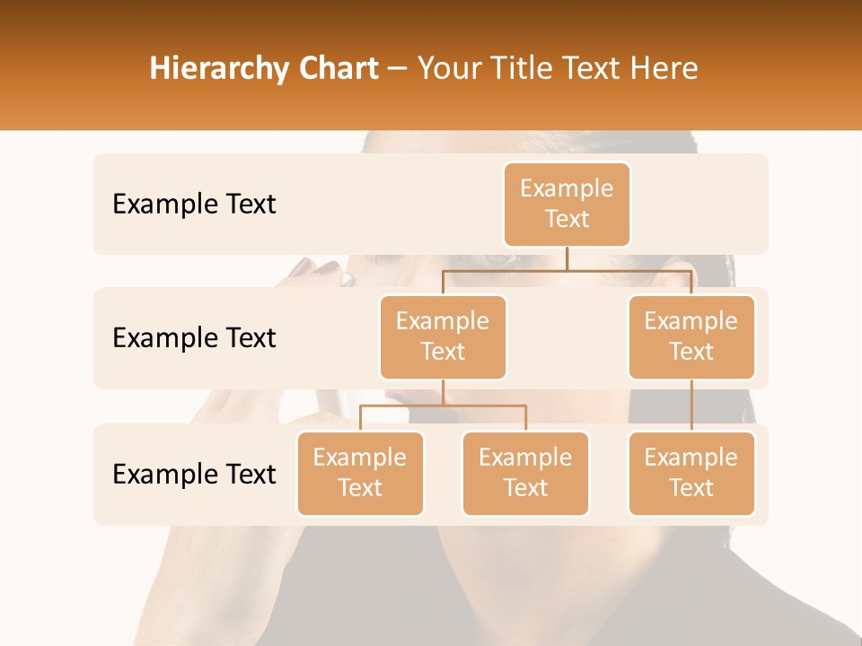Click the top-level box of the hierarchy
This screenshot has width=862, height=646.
pos(567,204)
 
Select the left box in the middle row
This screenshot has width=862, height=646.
pos(443,336)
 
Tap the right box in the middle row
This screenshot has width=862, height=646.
pos(691,336)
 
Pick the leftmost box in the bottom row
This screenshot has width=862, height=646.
pos(360,473)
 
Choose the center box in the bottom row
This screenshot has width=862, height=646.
pos(525,473)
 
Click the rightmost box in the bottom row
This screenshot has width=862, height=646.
pos(691,473)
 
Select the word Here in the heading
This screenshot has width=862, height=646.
pos(664,68)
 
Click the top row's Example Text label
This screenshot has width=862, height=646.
pos(194,205)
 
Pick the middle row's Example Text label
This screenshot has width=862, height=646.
pos(194,337)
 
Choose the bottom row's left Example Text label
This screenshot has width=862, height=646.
pos(194,474)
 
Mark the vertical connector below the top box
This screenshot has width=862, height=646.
pos(567,258)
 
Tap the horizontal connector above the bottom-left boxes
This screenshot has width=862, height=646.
pos(443,406)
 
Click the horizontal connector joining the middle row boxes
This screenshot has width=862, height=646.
pos(567,270)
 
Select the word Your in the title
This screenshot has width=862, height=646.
pos(446,68)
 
